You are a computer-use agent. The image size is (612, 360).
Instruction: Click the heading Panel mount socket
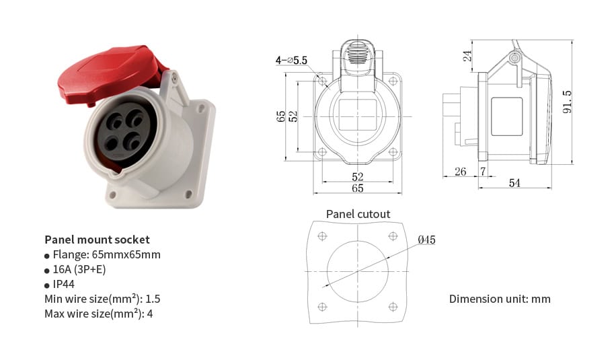[97, 240]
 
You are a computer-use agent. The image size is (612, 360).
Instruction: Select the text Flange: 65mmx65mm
[106, 254]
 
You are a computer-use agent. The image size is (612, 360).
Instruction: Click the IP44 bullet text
[64, 284]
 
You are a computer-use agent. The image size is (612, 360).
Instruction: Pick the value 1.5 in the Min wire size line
[153, 299]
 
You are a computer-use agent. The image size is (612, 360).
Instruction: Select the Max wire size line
[98, 314]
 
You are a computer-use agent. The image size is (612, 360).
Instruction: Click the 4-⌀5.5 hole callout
[291, 60]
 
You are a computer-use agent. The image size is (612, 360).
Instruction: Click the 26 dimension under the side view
[460, 172]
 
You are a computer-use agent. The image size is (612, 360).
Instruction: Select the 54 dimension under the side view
[514, 183]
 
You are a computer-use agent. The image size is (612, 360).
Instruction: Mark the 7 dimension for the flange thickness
[482, 172]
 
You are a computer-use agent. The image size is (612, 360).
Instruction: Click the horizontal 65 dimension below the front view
[357, 188]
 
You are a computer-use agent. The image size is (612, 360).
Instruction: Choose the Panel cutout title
[358, 214]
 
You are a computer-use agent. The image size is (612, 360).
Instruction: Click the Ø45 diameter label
[426, 240]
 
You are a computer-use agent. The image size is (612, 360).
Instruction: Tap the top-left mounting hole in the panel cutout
[321, 236]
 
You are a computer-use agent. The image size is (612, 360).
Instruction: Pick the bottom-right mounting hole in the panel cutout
[392, 307]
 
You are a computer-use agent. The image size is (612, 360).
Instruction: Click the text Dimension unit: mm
[500, 299]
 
